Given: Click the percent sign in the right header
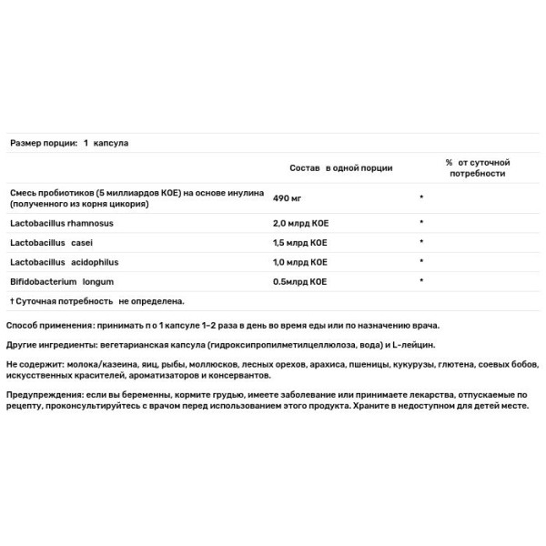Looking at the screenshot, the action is click(449, 162).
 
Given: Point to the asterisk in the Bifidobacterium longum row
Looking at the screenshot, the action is click(421, 280).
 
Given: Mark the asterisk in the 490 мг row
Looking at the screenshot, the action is click(421, 197).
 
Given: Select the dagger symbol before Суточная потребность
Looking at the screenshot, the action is click(12, 299).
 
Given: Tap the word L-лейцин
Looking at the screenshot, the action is click(415, 345).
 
